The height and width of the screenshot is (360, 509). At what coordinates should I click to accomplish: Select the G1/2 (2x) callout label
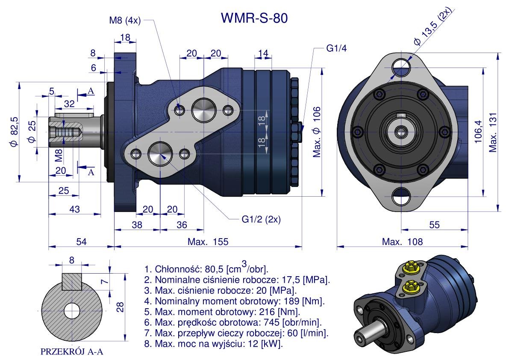[x=261, y=219]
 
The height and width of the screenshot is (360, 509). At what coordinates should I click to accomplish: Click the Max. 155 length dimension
[x=208, y=242]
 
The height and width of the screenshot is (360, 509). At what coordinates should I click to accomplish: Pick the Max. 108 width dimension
[x=402, y=242]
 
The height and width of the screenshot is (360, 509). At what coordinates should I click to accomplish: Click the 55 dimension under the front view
[x=435, y=224]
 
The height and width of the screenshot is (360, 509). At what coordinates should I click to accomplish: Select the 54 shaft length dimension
[x=82, y=242]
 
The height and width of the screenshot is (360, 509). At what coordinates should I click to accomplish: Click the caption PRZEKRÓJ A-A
[x=72, y=352]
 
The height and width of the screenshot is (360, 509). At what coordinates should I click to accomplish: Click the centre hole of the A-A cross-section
[x=71, y=310]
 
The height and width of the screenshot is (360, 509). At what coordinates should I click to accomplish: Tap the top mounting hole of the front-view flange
[x=402, y=65]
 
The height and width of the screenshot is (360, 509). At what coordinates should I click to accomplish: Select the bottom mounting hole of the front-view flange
[x=401, y=197]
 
